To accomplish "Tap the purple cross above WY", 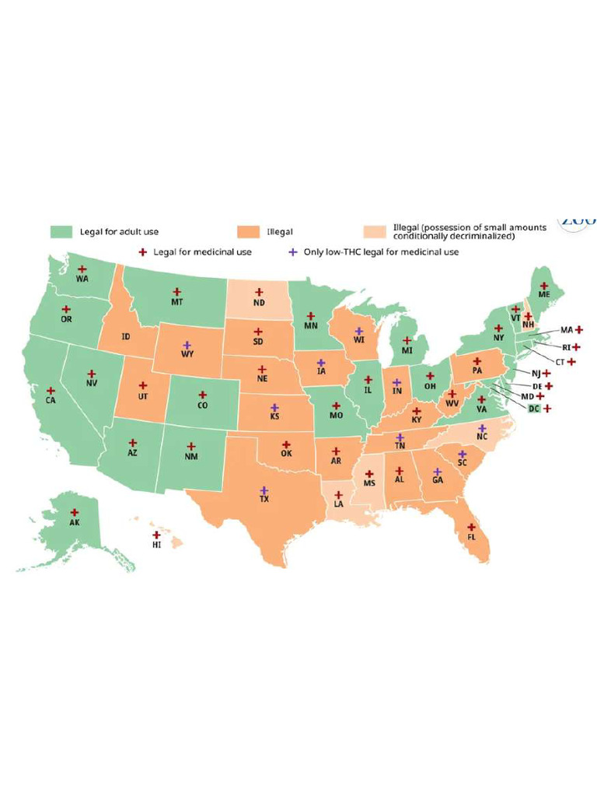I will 187,345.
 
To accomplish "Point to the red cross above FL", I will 471,528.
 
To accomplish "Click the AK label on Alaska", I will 75,522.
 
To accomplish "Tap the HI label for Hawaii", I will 156,546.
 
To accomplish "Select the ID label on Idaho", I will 125,337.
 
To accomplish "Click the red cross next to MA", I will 579,330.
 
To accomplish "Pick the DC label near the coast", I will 533,409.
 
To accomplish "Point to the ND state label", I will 259,303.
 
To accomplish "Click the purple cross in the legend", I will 292,252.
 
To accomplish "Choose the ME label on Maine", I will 544,296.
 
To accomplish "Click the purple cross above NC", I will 482,429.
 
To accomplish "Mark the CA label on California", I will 51,401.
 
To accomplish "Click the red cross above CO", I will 202,395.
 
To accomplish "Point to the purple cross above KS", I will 274,407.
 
